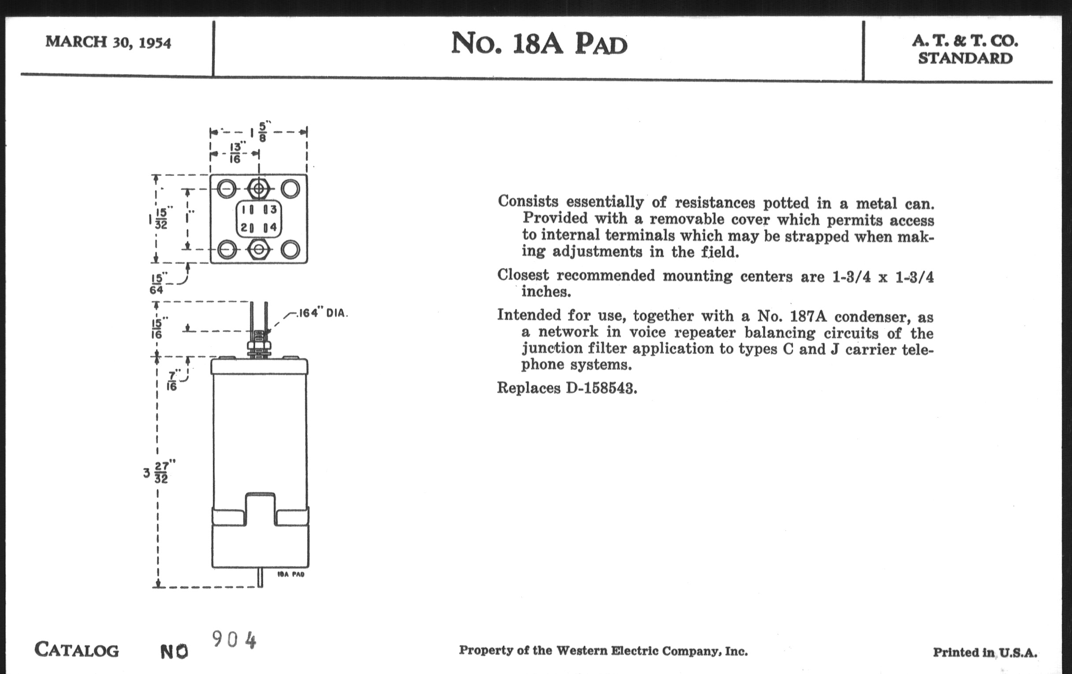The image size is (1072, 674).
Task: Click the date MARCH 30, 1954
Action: tap(108, 42)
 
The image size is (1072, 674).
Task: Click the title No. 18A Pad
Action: tap(539, 44)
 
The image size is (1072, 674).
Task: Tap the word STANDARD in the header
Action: tap(965, 58)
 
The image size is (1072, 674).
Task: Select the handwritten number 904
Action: tap(234, 640)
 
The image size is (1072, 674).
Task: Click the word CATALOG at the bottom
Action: tap(77, 650)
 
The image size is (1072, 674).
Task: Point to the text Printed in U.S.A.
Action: tap(985, 653)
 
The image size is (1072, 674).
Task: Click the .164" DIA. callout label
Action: tap(321, 313)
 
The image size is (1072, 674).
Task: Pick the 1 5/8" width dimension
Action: tap(259, 132)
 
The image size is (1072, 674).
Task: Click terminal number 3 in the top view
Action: tap(273, 209)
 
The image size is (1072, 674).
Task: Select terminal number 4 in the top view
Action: tap(273, 227)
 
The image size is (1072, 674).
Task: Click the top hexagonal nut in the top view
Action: tap(258, 189)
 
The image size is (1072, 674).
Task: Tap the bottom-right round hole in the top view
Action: tap(290, 250)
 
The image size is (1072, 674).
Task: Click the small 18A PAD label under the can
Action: tap(291, 574)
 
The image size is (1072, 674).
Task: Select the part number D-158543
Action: tap(601, 389)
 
